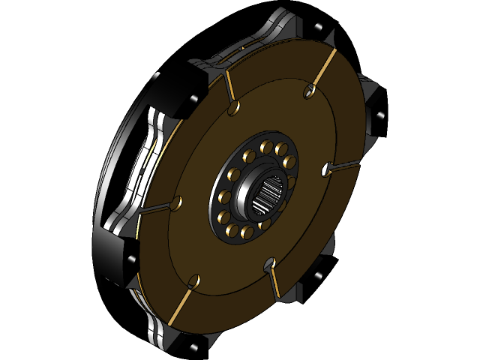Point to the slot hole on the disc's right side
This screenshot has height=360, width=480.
(325, 169)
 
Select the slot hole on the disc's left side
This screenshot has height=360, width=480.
(177, 203)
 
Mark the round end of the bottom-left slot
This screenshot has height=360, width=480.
(193, 281)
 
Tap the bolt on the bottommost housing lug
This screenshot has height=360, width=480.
(196, 346)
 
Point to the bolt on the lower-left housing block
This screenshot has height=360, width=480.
(132, 259)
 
